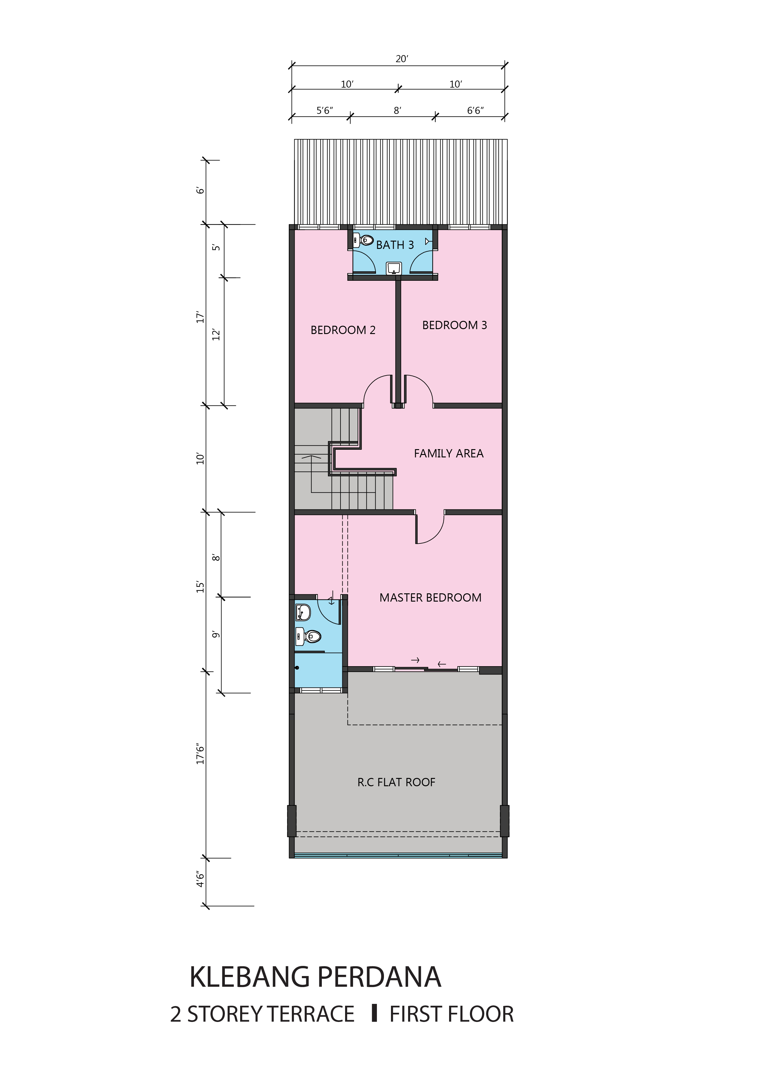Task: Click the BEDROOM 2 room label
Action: point(343,330)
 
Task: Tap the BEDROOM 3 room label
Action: point(454,325)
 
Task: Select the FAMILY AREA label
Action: point(449,453)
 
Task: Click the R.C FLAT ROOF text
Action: point(396,782)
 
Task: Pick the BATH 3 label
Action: point(395,245)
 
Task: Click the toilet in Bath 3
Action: point(364,240)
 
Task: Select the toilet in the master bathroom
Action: point(308,636)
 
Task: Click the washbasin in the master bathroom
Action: point(303,612)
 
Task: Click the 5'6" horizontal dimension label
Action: point(325,111)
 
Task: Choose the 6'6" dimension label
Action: point(475,111)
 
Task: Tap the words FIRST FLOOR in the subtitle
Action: point(452,1014)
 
